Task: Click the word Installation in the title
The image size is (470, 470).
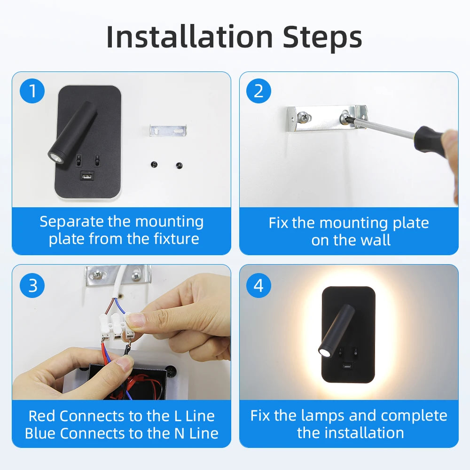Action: tap(189, 37)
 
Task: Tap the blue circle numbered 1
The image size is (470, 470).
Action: tap(32, 91)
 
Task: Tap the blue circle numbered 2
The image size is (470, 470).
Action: tap(258, 91)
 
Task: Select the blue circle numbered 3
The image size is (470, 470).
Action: tap(32, 285)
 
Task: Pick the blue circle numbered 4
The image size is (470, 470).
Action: tap(258, 285)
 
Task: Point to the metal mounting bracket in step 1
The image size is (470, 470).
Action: tap(168, 130)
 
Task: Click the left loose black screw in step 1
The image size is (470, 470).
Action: tap(154, 164)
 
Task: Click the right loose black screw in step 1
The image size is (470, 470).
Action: tap(179, 165)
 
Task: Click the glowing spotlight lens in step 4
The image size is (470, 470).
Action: tap(324, 352)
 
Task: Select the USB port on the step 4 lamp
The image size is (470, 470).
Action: tap(348, 366)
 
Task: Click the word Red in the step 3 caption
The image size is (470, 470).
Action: tap(42, 416)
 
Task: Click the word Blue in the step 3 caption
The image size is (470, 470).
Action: tap(40, 433)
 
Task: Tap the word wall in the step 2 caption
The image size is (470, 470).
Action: tap(376, 240)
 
